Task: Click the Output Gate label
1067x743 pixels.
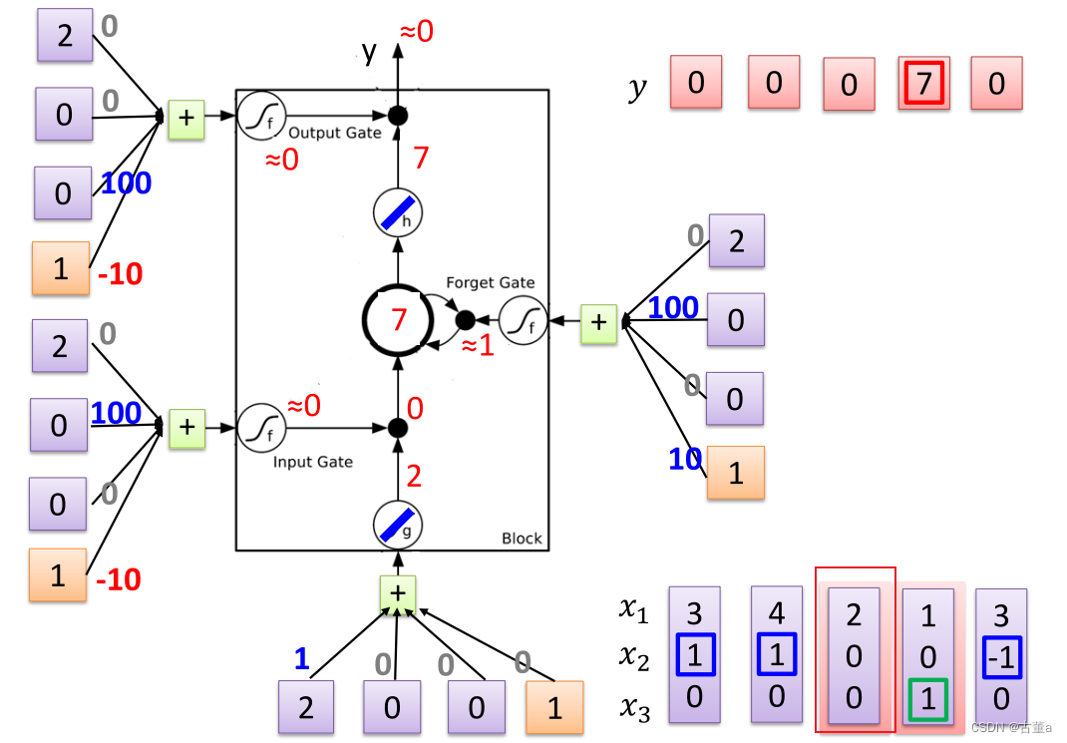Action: [335, 133]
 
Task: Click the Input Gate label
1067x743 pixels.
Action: [313, 462]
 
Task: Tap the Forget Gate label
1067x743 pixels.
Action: [491, 283]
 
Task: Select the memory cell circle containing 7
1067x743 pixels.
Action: [398, 320]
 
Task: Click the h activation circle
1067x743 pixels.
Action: [398, 213]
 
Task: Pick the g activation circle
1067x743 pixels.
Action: [398, 523]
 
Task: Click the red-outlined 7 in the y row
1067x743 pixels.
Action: [923, 84]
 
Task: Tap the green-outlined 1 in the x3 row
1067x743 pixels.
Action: [927, 697]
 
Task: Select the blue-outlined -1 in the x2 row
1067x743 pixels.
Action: [1000, 656]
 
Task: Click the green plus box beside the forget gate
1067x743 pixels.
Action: [598, 323]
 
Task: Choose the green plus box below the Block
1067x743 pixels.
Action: [398, 593]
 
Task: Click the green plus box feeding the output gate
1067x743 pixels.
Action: [186, 118]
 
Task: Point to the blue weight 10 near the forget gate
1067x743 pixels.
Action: [685, 459]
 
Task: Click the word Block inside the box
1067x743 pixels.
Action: [522, 539]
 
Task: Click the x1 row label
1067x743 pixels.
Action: [633, 608]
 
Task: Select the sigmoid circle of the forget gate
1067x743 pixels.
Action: [524, 322]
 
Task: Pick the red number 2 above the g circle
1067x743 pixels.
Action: [414, 476]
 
